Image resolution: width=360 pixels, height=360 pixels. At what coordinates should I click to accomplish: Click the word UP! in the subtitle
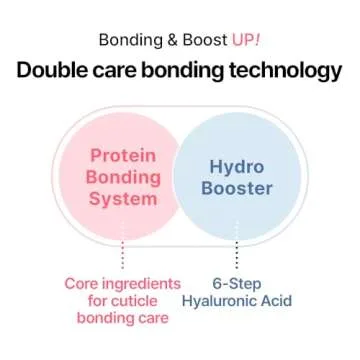245,40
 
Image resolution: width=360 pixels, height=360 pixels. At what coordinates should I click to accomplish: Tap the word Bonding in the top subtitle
132,40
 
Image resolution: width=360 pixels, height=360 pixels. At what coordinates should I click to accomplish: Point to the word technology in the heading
287,71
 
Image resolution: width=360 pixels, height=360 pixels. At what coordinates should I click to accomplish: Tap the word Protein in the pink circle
123,155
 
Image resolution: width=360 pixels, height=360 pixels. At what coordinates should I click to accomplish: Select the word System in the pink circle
123,198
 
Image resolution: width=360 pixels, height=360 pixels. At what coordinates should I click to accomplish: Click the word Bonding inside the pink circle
123,177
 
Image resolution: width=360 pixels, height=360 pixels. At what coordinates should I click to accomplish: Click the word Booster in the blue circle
236,188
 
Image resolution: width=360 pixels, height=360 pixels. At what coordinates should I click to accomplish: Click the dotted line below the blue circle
236,254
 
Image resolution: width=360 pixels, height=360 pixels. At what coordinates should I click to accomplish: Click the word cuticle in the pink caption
142,301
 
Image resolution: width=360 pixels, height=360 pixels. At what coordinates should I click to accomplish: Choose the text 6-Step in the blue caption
237,283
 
